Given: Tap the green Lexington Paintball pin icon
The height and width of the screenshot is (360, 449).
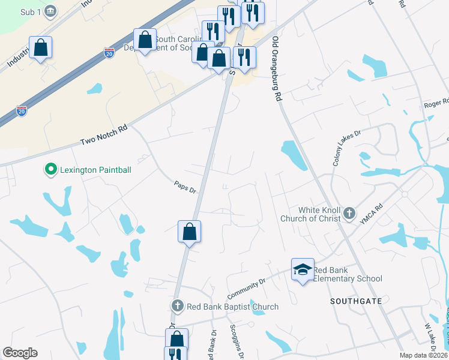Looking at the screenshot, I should click(x=51, y=170).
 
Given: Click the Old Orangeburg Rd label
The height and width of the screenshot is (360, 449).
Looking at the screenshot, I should click(x=277, y=68).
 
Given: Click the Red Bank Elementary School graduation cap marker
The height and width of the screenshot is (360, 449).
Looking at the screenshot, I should click(x=303, y=270).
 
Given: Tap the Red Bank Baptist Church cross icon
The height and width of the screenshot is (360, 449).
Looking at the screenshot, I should click(x=177, y=306).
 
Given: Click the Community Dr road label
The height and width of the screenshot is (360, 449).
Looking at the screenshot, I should click(x=246, y=289).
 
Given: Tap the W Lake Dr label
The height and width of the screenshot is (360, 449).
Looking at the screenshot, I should click(x=430, y=340).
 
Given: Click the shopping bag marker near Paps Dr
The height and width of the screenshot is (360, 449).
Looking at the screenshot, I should click(x=189, y=232).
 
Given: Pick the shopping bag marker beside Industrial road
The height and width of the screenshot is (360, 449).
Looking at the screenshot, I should click(x=40, y=48).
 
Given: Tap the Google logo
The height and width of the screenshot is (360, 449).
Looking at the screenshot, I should click(x=20, y=353).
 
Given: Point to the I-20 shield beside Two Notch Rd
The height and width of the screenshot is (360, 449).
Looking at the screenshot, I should click(x=22, y=111).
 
